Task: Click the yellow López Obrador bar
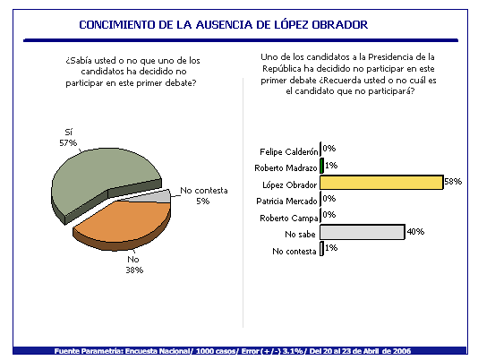pos(381,182)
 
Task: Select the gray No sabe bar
pos(363,232)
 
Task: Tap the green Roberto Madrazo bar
pos(321,166)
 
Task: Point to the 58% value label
pos(453,182)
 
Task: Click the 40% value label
pos(415,232)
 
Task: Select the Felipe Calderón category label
pos(289,151)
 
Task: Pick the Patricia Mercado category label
pos(286,201)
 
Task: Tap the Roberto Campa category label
pos(289,219)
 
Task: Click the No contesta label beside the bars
pos(294,251)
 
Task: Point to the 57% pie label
pos(68,142)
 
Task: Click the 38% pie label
pos(134,270)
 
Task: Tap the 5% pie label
pos(202,201)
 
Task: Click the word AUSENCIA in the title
pos(224,25)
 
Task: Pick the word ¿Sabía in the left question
pos(80,60)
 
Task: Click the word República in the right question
pos(281,69)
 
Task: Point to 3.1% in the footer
pos(293,351)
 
